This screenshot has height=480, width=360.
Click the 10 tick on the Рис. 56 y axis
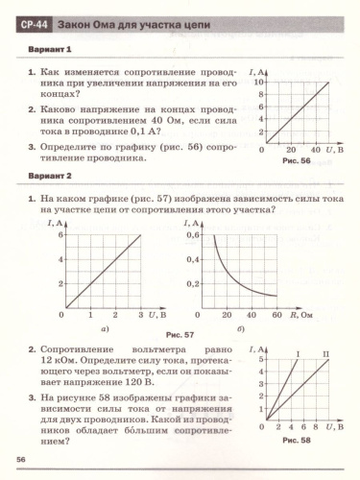pos(257,83)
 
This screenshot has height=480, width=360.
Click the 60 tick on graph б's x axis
pos(276,314)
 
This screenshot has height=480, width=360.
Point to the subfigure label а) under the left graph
pos(106,327)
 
